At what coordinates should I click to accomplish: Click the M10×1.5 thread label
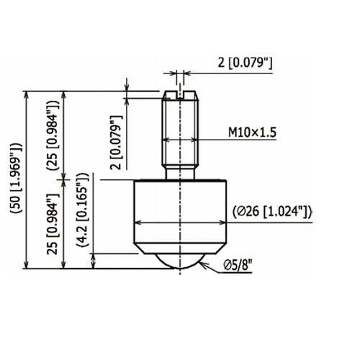tap(252, 132)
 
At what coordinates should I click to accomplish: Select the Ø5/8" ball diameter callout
tap(238, 265)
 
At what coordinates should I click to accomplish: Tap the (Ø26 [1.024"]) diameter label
tap(273, 212)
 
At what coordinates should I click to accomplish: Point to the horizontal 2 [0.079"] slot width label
tap(245, 63)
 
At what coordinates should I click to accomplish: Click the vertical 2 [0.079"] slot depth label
tap(116, 143)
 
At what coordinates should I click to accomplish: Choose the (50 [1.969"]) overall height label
tap(17, 178)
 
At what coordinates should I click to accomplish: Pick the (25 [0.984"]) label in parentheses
tap(53, 135)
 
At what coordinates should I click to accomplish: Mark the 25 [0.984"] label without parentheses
tap(53, 224)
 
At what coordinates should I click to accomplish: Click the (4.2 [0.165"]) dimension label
tap(83, 210)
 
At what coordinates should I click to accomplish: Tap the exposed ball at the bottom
tap(180, 261)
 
